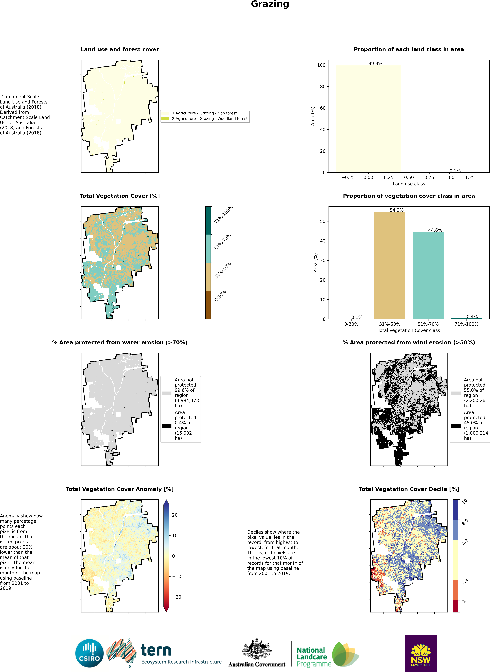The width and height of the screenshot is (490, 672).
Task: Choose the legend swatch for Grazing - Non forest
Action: [165, 113]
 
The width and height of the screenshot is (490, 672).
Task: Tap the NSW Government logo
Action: [421, 653]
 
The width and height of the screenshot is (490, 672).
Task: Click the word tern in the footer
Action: [156, 650]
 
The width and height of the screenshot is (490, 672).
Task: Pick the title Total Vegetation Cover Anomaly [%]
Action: [120, 489]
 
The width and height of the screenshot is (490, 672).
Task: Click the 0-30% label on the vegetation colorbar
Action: [220, 296]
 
